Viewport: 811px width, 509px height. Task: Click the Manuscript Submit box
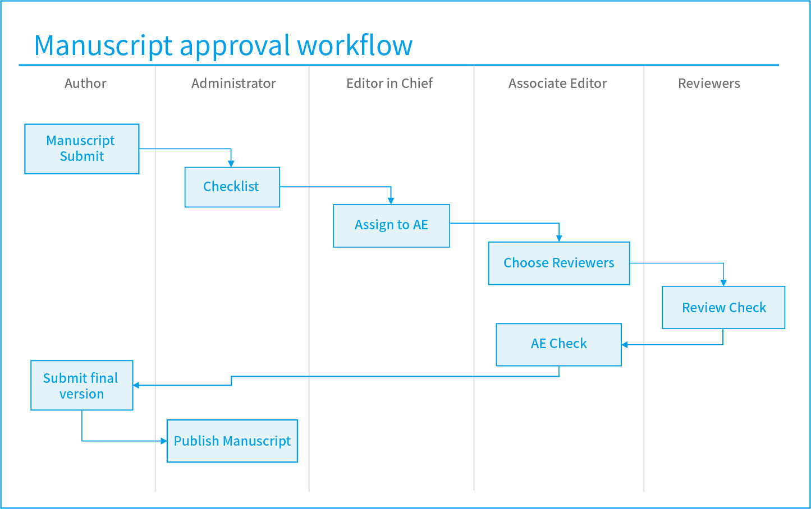[x=82, y=149]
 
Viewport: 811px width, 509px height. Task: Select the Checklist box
[x=232, y=187]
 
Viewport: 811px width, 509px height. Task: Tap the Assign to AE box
[x=391, y=225]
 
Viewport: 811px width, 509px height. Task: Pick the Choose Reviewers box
[x=559, y=263]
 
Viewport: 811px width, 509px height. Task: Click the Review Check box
[x=723, y=307]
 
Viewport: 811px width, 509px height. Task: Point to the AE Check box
[x=558, y=345]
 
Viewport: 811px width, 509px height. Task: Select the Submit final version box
[x=82, y=385]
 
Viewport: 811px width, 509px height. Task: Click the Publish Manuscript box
[x=232, y=441]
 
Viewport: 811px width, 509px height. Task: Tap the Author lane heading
[x=85, y=84]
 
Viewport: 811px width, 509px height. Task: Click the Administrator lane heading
[x=233, y=84]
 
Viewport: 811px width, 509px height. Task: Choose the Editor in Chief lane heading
[x=389, y=84]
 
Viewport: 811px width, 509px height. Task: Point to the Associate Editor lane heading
[x=557, y=84]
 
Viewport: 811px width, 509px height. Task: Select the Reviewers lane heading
[x=709, y=84]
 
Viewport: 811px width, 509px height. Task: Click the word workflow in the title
[x=355, y=45]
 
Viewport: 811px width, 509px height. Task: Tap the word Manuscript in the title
[x=103, y=47]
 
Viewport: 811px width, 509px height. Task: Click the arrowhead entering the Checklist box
[x=231, y=164]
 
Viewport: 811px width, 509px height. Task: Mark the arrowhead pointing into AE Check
[x=625, y=345]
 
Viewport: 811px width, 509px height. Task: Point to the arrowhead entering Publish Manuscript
[x=164, y=441]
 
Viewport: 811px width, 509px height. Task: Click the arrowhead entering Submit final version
[x=136, y=385]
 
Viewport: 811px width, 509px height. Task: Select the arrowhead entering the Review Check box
[x=723, y=283]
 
